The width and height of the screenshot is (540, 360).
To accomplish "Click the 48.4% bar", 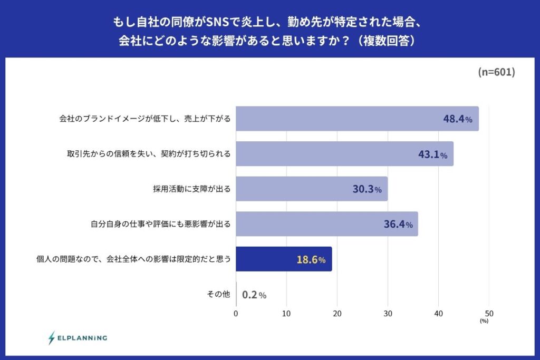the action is pos(357,119).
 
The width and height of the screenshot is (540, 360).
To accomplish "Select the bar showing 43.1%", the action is pos(345,153).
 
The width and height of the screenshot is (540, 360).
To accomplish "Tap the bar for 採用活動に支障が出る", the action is pos(312,189).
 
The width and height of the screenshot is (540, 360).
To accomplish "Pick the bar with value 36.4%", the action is pos(327,223).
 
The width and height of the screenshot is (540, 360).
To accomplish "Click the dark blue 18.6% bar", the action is pos(284,259).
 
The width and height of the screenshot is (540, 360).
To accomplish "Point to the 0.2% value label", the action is pos(254,295).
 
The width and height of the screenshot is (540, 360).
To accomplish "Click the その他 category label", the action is pos(218,294).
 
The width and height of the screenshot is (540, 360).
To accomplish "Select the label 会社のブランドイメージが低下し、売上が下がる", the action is pos(144,119).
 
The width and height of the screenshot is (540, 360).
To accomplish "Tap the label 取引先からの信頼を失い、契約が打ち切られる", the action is pos(149,154).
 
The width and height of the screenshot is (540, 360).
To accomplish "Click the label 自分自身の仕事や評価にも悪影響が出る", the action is pos(160,224).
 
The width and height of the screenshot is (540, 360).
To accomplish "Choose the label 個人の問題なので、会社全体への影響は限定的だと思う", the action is pos(133,259).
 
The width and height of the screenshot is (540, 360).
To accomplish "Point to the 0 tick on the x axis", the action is pos(236,314).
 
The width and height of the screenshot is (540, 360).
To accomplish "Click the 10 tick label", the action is pos(286,314).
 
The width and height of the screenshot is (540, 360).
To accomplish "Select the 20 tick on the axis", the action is pos(337,314).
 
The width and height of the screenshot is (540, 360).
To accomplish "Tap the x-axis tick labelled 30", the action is pos(388,314).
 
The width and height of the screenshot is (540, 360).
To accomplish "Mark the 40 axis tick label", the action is pos(438,314).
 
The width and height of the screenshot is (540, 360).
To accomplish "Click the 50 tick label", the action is pos(489,314).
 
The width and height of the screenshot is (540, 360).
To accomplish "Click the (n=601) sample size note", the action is pos(497,72).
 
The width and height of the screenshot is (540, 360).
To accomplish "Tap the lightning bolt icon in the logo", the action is pos(52,338).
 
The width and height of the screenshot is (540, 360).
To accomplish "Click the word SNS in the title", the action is pos(218,22).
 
